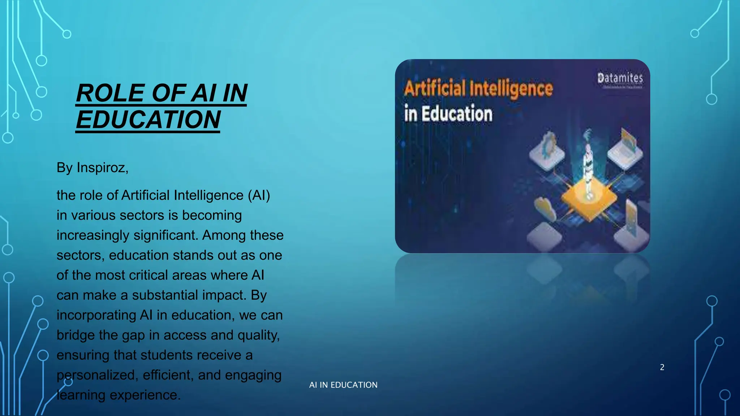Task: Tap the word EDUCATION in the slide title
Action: pyautogui.click(x=148, y=120)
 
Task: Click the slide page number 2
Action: pyautogui.click(x=662, y=367)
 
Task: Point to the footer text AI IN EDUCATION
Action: pyautogui.click(x=343, y=385)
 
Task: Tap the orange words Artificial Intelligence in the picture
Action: pyautogui.click(x=478, y=89)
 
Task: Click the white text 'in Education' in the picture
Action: pyautogui.click(x=448, y=114)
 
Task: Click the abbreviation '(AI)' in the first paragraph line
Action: pyautogui.click(x=259, y=195)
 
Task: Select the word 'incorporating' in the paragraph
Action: pyautogui.click(x=96, y=315)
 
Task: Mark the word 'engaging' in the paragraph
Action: pyautogui.click(x=253, y=375)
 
